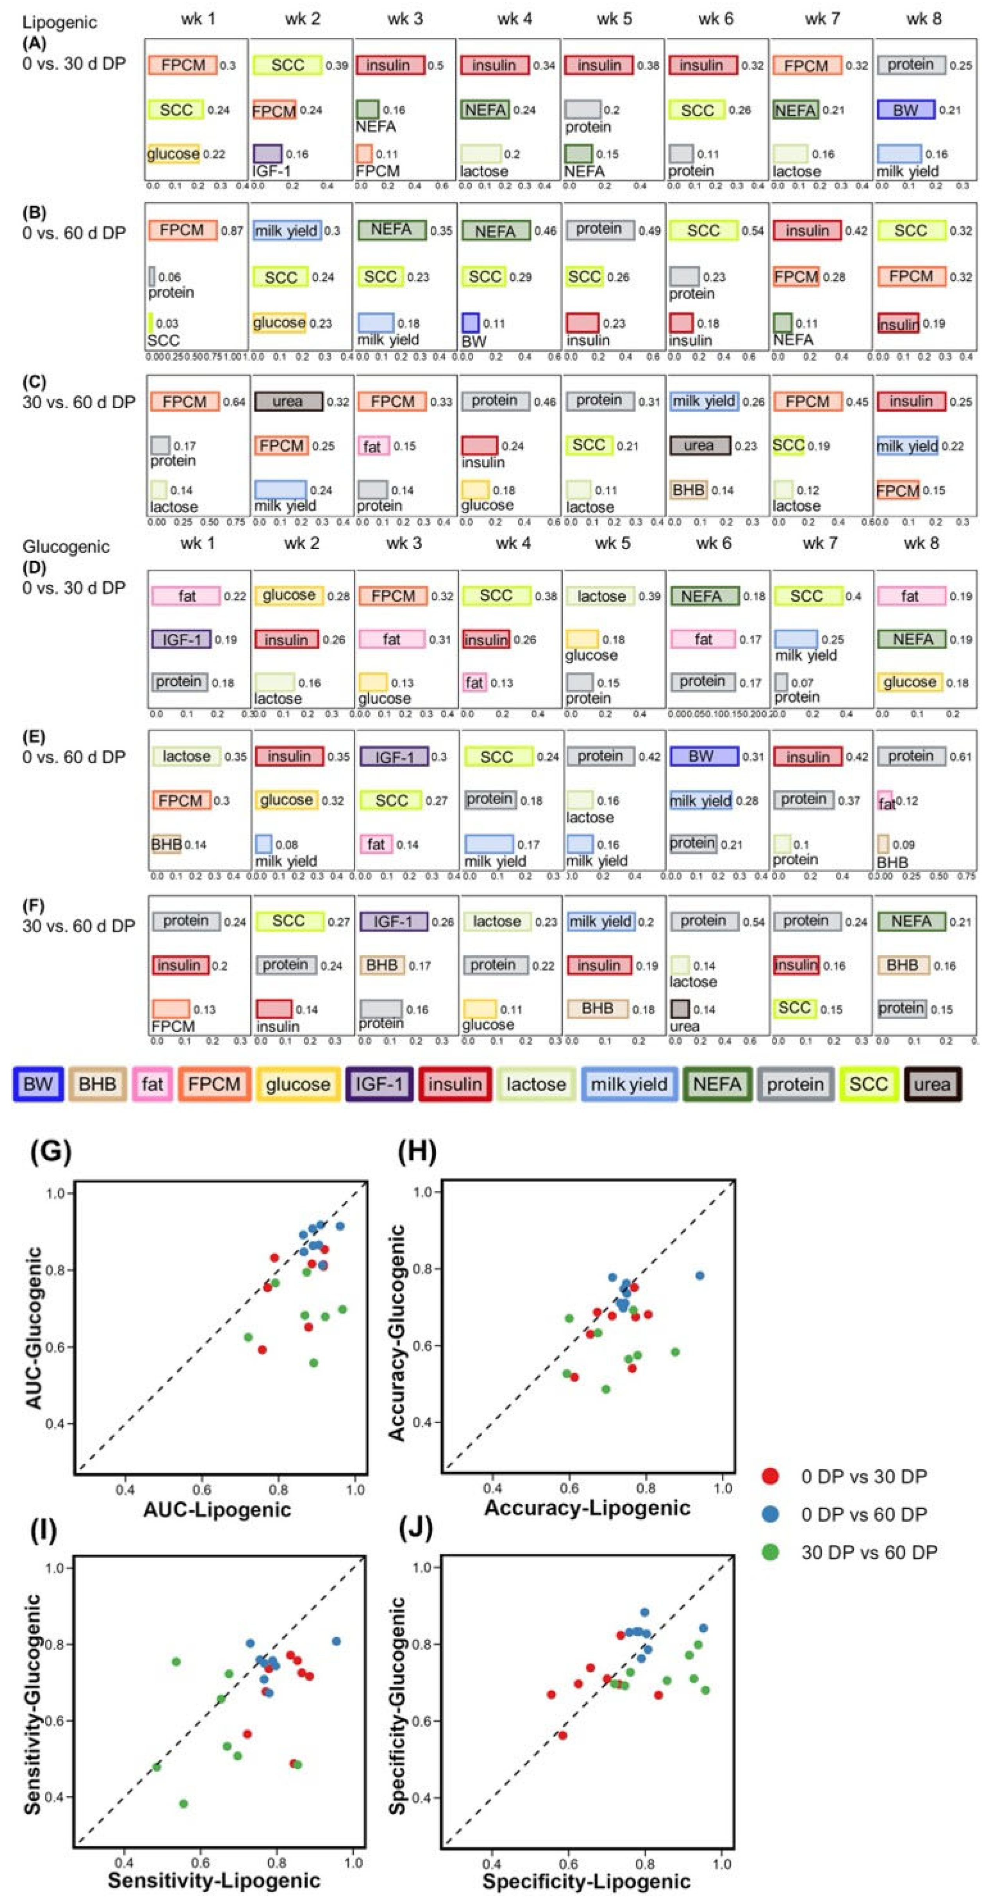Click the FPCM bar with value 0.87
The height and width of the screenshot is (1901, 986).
182,230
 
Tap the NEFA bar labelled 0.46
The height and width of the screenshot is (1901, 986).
495,231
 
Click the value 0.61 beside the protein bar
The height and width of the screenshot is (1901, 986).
960,756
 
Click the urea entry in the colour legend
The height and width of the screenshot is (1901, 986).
932,1084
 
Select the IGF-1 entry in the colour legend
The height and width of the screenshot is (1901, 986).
379,1084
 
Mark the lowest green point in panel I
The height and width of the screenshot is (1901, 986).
183,1804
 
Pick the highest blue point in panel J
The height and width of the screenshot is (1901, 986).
644,1612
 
